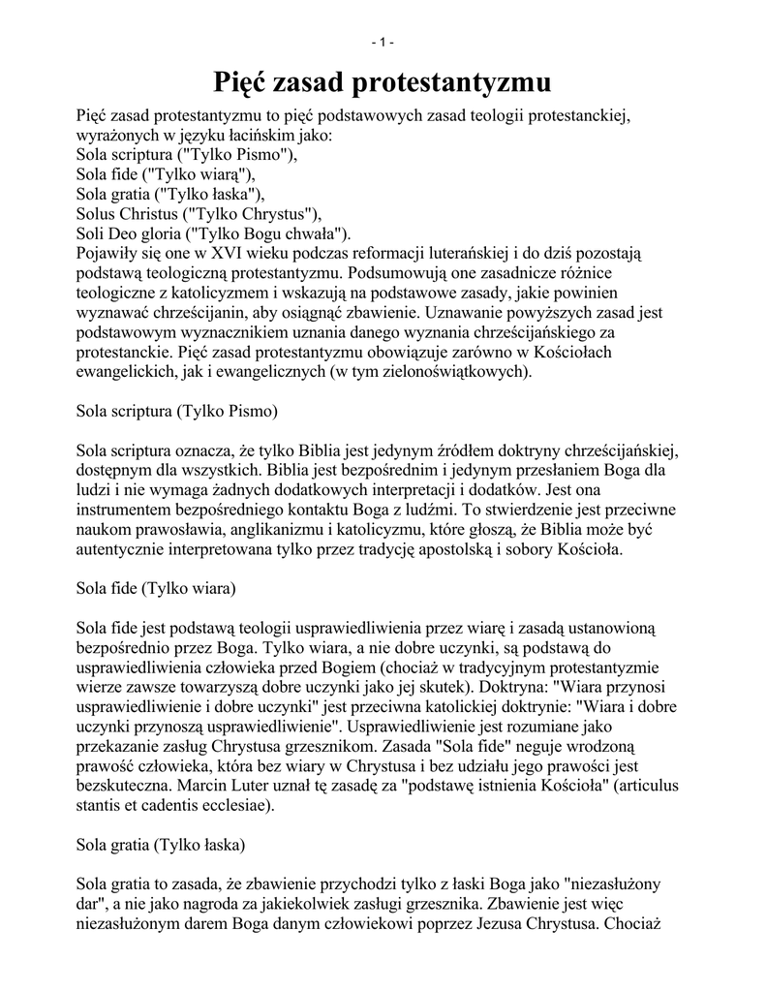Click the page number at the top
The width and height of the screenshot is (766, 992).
pos(383,42)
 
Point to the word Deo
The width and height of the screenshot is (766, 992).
pos(122,233)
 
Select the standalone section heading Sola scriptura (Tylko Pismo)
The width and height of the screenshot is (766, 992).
pos(177,411)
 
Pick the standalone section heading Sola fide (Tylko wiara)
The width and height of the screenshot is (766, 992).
pos(156,587)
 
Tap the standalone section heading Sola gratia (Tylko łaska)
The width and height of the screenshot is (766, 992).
pos(161,844)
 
